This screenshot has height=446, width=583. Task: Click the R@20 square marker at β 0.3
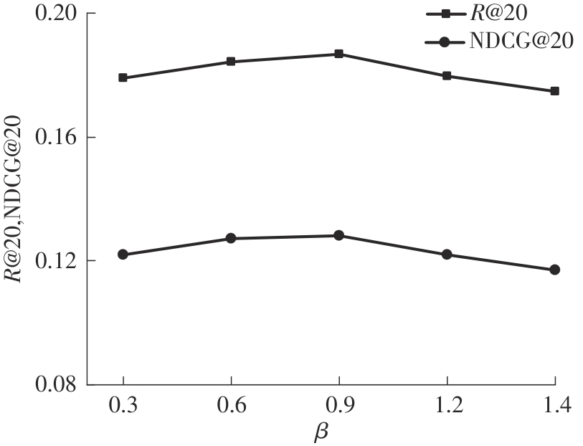click(123, 77)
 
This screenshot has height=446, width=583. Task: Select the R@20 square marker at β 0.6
click(231, 62)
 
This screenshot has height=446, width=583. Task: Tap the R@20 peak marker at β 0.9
click(338, 54)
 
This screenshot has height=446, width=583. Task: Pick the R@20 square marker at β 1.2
click(447, 75)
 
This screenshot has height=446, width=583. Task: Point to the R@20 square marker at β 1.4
click(554, 91)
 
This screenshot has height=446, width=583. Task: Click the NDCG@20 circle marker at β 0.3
click(123, 255)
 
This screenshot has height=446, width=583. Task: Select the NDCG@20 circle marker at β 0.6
click(231, 238)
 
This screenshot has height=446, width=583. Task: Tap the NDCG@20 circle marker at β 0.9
click(338, 235)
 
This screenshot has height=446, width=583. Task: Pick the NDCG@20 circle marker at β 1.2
click(447, 255)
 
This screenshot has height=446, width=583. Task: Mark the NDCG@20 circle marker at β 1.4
click(554, 270)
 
